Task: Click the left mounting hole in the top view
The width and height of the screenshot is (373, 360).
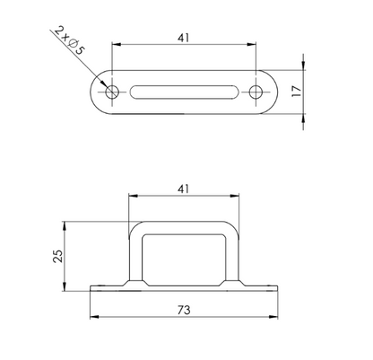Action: coord(112,92)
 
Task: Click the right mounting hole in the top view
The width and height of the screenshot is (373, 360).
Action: coord(256,92)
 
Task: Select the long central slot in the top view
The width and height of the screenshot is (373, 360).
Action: coord(183,92)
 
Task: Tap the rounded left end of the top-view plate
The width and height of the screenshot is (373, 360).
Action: coord(97,92)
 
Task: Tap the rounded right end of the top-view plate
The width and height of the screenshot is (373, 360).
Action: coord(272,92)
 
